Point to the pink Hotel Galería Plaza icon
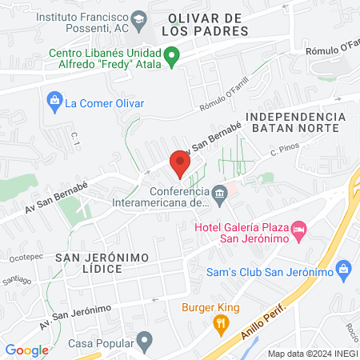299,230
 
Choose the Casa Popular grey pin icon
144,342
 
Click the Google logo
27,350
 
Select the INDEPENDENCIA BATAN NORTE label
296,123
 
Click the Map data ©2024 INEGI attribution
312,353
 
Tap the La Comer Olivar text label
104,103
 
